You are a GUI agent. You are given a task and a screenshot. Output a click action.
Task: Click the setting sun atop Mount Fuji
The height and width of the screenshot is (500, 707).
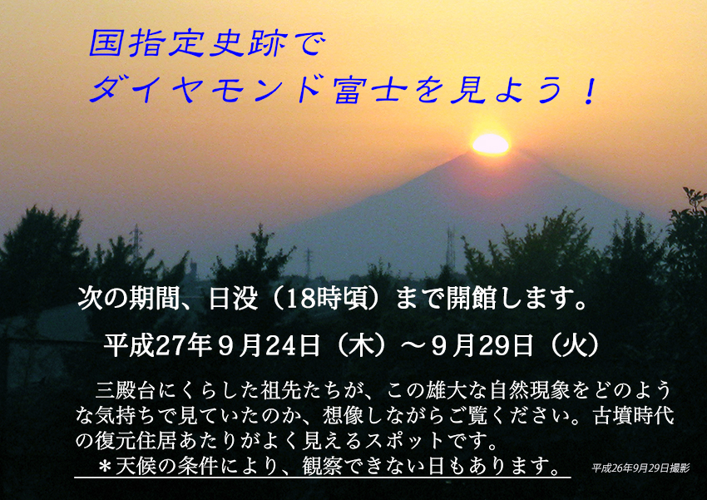[x=490, y=144]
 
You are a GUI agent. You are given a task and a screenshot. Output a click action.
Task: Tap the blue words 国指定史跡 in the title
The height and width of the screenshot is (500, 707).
[x=188, y=44]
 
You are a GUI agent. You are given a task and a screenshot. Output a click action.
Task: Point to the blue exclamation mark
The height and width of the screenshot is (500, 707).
[x=589, y=91]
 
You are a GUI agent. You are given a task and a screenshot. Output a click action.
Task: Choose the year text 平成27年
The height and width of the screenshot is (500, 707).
[x=158, y=346]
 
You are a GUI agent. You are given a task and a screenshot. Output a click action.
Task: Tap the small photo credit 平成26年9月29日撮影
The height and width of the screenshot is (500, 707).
[x=640, y=468]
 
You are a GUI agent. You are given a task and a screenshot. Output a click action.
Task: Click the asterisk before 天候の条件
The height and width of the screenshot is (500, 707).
[x=105, y=466]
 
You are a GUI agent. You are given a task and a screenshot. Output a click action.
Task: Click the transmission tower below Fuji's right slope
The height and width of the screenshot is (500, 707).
[x=451, y=247]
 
